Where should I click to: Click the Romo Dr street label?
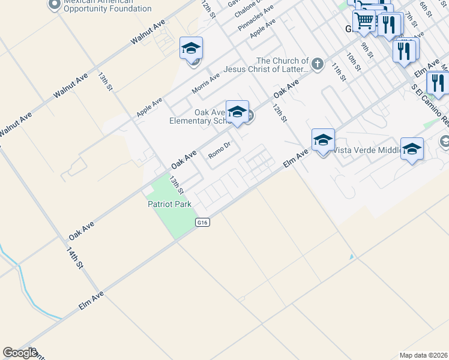[220, 150]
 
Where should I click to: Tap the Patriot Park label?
[169, 204]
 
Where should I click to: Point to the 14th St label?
[74, 257]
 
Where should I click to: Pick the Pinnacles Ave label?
[256, 19]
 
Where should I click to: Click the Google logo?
[20, 353]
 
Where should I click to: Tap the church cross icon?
[318, 63]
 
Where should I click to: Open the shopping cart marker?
[364, 21]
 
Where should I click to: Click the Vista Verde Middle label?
[366, 150]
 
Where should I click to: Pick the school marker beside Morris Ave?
[191, 48]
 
